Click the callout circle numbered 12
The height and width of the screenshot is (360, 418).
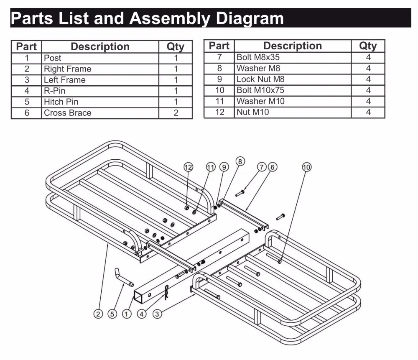[x=189, y=167]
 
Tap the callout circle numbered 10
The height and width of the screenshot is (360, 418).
[x=306, y=167]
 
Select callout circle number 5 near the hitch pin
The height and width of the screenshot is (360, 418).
[x=112, y=314]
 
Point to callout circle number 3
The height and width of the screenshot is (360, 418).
[x=157, y=314]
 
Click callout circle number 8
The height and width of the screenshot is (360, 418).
[x=240, y=161]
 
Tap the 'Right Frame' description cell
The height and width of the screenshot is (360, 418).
[x=67, y=69]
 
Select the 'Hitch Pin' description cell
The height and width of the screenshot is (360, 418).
[x=61, y=102]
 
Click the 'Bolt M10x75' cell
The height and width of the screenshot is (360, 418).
[x=260, y=90]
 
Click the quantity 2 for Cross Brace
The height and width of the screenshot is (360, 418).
[x=176, y=112]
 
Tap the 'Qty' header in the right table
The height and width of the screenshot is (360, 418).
[x=368, y=46]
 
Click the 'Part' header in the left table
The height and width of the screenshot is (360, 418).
[x=26, y=46]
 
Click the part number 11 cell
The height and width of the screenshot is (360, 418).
[x=219, y=101]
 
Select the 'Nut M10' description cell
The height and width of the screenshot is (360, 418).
[x=252, y=112]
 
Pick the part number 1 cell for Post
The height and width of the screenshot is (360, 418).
[x=26, y=58]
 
